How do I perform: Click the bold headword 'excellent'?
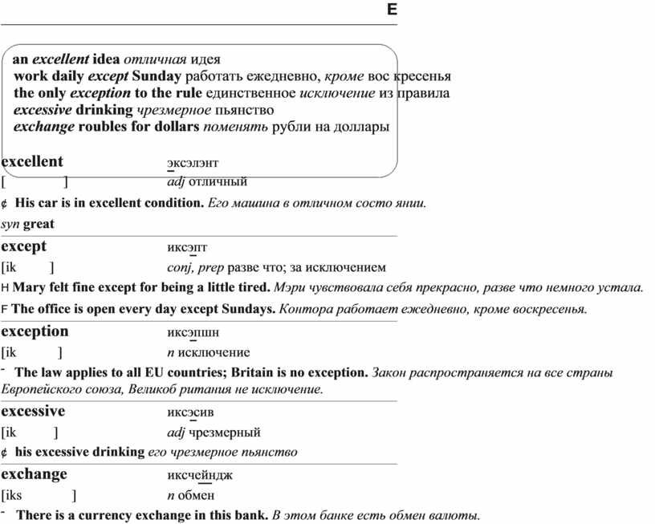pos(32,161)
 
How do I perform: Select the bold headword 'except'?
pos(24,246)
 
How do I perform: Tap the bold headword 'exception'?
pos(35,331)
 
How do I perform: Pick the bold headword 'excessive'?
pos(33,411)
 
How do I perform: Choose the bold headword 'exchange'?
pos(34,473)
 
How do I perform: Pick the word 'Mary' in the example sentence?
pos(30,287)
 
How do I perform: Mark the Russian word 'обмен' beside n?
pos(196,495)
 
